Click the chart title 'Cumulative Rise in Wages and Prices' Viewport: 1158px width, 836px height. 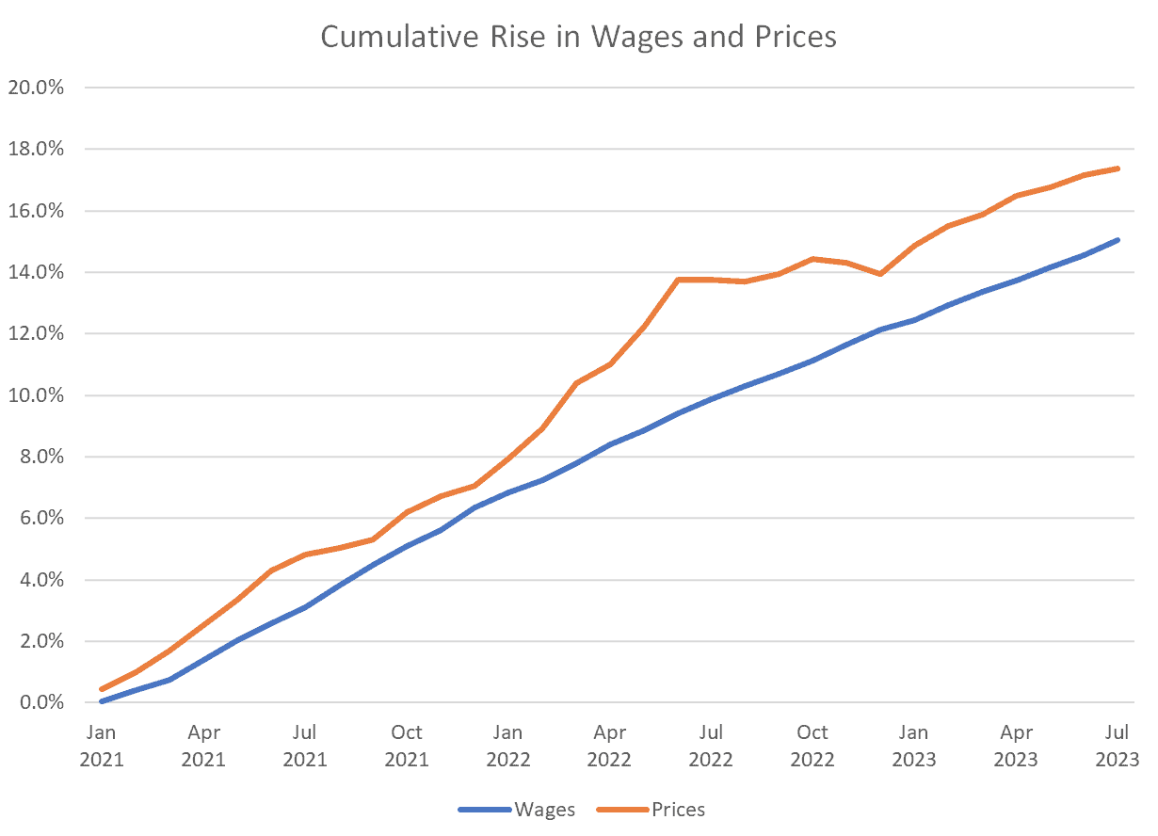click(578, 37)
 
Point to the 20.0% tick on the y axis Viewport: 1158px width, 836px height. click(35, 88)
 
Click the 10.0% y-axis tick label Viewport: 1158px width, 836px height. click(35, 395)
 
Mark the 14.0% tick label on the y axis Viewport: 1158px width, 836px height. click(35, 272)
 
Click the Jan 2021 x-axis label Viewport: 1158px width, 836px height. click(102, 745)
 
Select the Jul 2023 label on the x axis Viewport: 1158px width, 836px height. click(1117, 745)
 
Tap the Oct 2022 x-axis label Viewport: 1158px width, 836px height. click(812, 745)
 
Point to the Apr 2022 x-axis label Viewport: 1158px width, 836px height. click(609, 745)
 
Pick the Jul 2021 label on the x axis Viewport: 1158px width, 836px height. click(304, 745)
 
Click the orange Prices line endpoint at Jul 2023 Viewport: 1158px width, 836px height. click(1117, 169)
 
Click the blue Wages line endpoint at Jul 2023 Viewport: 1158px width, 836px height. click(1117, 240)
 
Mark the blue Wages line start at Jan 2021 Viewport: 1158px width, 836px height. click(102, 701)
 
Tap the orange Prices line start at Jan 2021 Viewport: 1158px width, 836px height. click(102, 689)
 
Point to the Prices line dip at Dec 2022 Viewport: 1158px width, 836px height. click(880, 274)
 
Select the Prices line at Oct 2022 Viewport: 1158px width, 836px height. click(812, 259)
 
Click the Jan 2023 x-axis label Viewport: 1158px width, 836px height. click(914, 745)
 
